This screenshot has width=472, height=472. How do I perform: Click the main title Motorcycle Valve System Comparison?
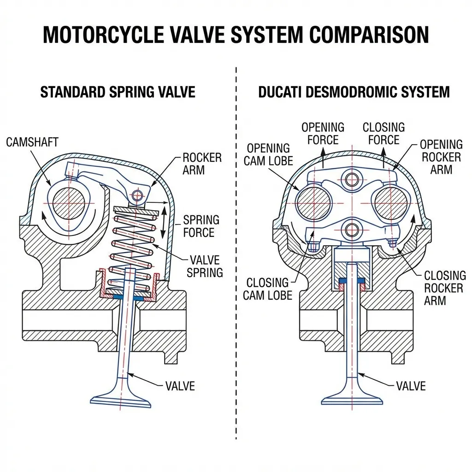(236, 35)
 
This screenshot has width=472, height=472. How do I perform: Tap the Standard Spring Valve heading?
(118, 92)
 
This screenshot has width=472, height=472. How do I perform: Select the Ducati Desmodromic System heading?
(354, 92)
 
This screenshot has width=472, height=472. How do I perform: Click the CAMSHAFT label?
(32, 142)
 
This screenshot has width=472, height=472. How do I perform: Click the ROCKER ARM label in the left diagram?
(202, 164)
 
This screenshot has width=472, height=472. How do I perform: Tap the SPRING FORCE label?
(201, 226)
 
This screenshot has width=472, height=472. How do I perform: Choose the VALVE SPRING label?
(204, 266)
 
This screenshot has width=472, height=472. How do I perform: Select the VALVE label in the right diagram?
(411, 386)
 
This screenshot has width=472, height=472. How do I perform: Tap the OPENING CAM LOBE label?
(268, 154)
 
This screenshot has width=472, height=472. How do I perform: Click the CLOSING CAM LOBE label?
(267, 289)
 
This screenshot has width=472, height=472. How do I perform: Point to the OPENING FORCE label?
(323, 133)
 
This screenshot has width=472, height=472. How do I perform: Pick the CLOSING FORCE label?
(383, 133)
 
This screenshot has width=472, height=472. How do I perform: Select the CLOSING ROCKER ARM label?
(444, 288)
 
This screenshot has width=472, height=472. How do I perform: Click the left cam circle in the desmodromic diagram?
(313, 203)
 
